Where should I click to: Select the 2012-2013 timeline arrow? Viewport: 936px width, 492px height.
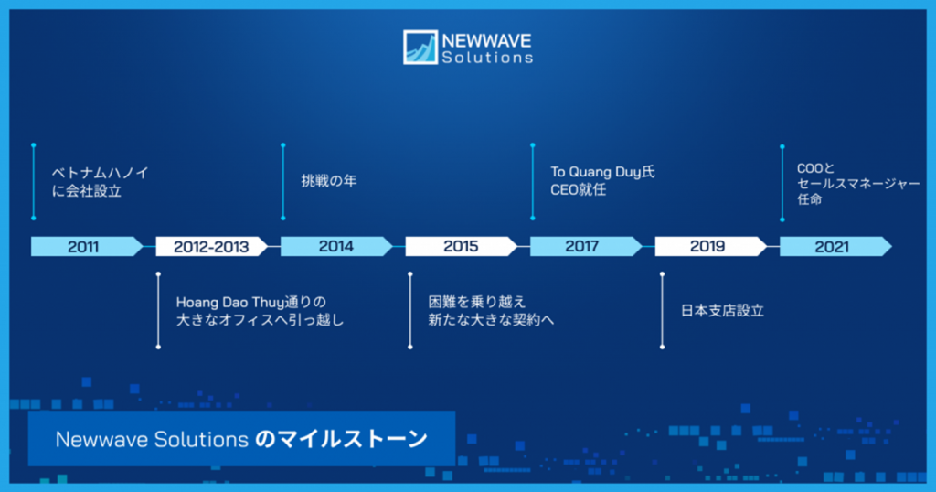pos(211,246)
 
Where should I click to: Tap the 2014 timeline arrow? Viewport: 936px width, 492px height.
pos(335,246)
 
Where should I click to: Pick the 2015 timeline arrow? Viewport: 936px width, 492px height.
pos(461,246)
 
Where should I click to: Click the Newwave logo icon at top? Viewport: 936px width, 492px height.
pos(420,47)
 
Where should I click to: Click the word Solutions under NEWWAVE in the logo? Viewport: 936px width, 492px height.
pos(486,57)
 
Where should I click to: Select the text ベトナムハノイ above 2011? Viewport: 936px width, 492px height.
pos(101,172)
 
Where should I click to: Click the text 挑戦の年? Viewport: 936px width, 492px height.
pos(329,181)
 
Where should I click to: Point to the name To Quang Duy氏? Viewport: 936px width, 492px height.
pos(602,172)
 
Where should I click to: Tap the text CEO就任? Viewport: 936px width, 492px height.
pos(578,190)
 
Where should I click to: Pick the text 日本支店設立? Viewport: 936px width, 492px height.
pos(722,311)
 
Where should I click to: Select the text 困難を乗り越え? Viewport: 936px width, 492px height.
pos(477,301)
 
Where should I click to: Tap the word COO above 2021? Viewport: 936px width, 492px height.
pos(808,168)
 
